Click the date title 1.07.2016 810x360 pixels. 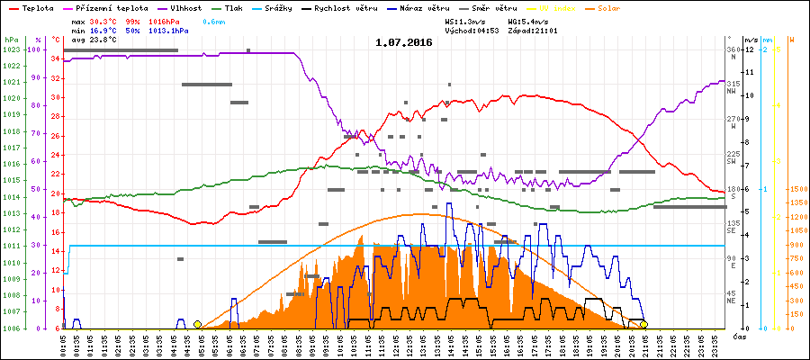pos(404,42)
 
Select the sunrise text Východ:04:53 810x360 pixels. pos(472,30)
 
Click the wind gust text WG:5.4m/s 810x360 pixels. pos(528,21)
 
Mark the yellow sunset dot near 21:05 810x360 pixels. pos(644,324)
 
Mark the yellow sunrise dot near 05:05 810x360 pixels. pos(197,324)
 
